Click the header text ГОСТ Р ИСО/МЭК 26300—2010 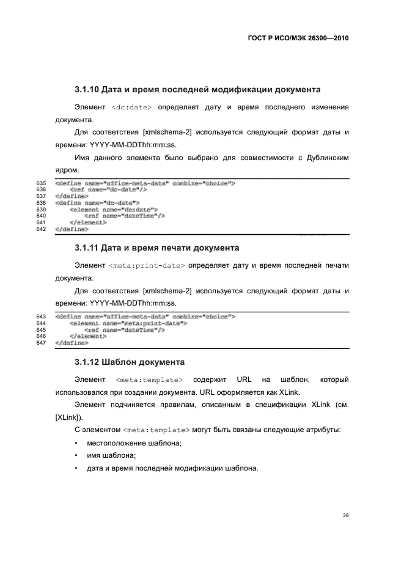pos(298,37)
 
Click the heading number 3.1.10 pos(87,90)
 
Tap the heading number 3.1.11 pos(87,248)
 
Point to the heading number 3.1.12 pos(87,362)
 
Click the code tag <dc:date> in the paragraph pos(133,108)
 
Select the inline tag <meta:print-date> pos(147,266)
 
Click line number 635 pos(42,183)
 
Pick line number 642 pos(42,230)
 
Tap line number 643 pos(42,317)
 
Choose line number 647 pos(42,343)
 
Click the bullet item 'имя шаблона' pos(111,456)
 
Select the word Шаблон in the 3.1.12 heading pos(125,362)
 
